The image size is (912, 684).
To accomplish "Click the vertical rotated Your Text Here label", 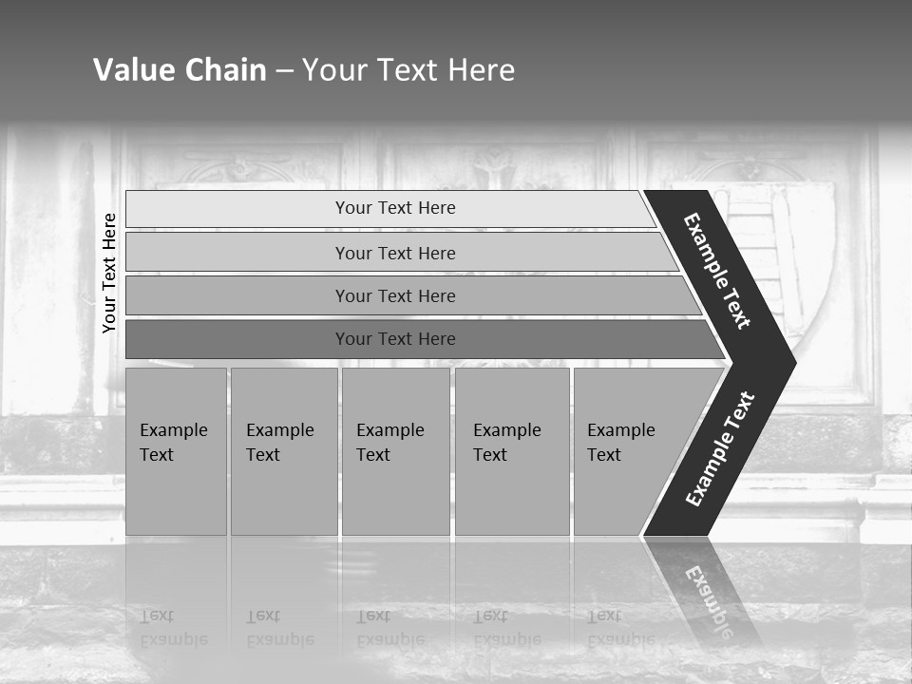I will [x=109, y=274].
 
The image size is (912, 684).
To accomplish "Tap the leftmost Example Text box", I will [x=176, y=451].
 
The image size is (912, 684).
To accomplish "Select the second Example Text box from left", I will [x=283, y=451].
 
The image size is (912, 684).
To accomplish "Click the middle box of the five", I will [x=395, y=451].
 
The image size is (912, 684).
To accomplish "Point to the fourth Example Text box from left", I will [x=512, y=451].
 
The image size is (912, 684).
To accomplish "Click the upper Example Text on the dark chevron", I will [x=717, y=271].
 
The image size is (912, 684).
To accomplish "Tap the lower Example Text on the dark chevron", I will [x=719, y=448].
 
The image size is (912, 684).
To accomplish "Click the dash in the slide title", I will [x=284, y=70].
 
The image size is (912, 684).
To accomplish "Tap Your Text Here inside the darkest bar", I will [x=395, y=339].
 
